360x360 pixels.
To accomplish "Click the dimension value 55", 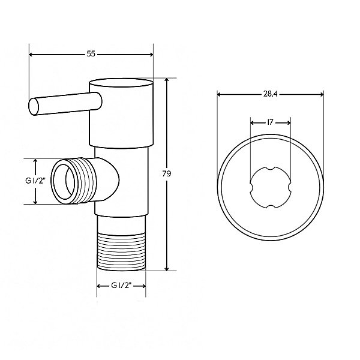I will (91, 54).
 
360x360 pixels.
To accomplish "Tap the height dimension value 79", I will (167, 174).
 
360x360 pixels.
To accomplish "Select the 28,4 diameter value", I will (271, 94).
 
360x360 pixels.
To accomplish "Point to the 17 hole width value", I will (271, 122).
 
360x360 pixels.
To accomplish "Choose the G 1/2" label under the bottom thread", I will (122, 286).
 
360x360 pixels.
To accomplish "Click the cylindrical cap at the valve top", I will (121, 112).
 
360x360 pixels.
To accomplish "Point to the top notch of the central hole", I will (271, 168).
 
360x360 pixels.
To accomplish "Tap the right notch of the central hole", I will (290, 187).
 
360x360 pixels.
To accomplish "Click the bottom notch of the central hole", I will (271, 206).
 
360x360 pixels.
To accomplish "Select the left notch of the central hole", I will (251, 187).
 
